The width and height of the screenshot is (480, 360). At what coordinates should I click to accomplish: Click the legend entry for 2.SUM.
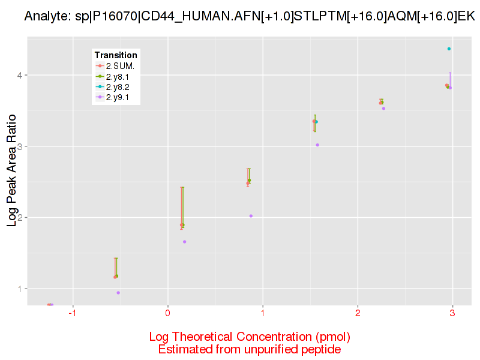coord(119,66)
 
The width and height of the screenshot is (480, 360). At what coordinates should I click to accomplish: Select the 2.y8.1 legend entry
coord(119,76)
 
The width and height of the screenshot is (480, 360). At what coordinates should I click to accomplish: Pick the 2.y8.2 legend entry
coord(119,87)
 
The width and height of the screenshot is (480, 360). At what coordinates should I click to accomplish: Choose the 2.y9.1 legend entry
coord(119,97)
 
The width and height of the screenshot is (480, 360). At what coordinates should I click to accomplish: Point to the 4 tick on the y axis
coord(20,76)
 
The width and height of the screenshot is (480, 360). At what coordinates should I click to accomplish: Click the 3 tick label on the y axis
coord(20,146)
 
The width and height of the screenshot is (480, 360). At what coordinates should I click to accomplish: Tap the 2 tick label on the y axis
coord(20,217)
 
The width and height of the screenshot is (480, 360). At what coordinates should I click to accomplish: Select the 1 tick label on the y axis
coord(20,289)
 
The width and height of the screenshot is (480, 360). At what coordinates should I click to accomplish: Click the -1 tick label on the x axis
coord(73,314)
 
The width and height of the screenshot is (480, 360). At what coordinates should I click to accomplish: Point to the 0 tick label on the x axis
coord(168,314)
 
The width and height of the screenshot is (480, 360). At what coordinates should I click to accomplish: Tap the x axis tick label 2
coord(358,314)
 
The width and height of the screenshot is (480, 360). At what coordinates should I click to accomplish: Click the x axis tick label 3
coord(452,314)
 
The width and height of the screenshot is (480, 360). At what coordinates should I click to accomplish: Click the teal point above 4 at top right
coord(449,49)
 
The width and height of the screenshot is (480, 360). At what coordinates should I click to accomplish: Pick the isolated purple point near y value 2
coord(251,216)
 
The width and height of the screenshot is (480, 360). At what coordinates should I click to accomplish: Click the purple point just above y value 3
coord(317,145)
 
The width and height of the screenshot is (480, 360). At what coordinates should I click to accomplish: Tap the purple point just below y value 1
coord(118,293)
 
